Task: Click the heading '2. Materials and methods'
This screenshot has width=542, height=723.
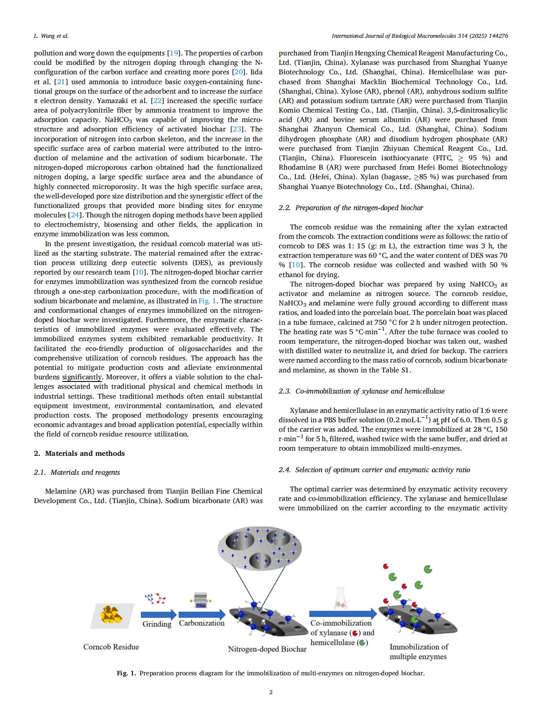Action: tap(79, 453)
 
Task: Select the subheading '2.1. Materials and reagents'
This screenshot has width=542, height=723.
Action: tap(77, 472)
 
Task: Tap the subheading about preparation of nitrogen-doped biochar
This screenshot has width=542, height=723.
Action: tap(351, 208)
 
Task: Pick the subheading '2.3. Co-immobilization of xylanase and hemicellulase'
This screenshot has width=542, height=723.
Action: tap(362, 391)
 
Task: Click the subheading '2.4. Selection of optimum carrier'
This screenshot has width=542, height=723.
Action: tap(374, 470)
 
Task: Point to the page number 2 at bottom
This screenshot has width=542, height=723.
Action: tap(271, 692)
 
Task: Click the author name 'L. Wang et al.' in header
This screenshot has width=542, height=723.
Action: tap(51, 36)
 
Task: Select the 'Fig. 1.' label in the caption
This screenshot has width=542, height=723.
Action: tap(126, 673)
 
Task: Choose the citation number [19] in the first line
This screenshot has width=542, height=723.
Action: tap(174, 53)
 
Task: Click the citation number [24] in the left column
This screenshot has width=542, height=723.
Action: tap(74, 215)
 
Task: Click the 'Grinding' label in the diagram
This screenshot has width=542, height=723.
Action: tap(157, 624)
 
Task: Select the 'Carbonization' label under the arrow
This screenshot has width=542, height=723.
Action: tap(201, 623)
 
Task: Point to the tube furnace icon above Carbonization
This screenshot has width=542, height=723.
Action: tap(201, 600)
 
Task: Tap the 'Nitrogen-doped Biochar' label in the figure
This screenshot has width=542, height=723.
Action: tap(267, 649)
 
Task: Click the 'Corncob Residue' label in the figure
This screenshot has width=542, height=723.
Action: tap(111, 647)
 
